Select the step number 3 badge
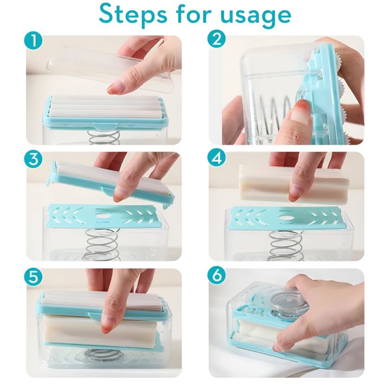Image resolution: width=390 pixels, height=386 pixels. (x=34, y=159)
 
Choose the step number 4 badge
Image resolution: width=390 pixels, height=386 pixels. (x=217, y=159)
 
